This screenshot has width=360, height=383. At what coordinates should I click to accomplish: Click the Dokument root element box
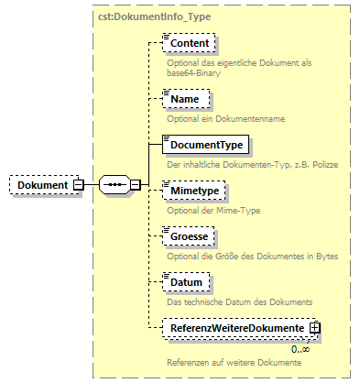41,185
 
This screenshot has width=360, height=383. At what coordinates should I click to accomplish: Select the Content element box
189,43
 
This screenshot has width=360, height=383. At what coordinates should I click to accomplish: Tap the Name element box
185,98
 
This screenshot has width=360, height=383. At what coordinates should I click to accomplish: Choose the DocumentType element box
205,144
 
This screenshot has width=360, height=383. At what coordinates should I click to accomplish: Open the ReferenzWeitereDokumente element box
236,327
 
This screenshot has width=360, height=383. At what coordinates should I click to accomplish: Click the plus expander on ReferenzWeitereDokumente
314,327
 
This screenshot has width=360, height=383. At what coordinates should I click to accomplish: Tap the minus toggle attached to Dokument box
78,185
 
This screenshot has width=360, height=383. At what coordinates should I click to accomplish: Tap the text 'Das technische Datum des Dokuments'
240,301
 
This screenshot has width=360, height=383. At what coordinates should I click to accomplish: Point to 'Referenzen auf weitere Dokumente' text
235,363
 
